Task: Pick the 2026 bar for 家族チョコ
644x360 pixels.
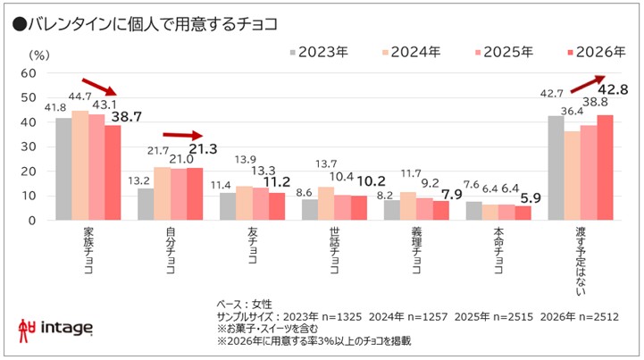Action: [112, 172]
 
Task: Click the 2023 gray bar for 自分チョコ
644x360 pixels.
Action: [145, 204]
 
